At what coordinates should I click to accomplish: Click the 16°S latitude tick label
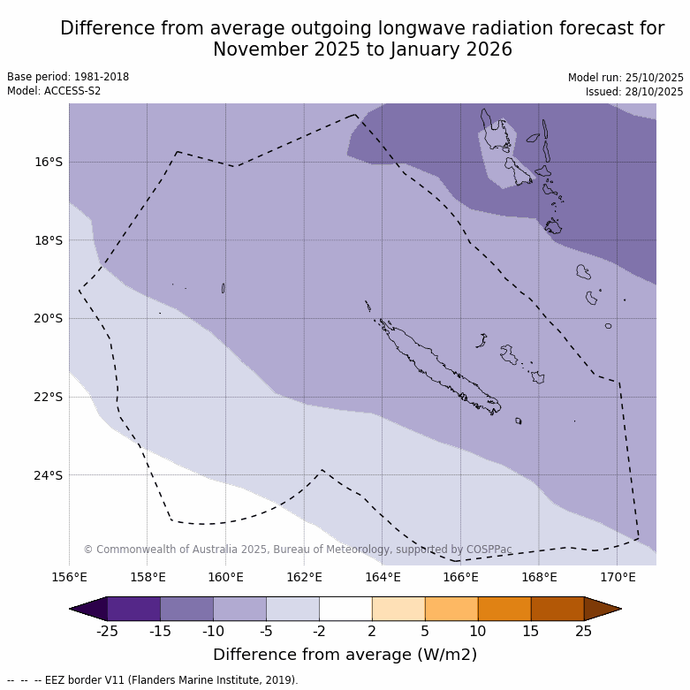click(49, 162)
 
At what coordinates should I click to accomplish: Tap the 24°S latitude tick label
click(49, 475)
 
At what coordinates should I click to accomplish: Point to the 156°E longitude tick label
click(69, 578)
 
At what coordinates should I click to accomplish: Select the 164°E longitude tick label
click(383, 578)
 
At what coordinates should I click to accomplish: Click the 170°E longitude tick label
click(618, 578)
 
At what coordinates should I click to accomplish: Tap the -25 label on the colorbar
click(107, 631)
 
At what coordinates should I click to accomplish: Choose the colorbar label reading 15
click(531, 631)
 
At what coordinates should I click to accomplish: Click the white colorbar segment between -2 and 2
click(345, 609)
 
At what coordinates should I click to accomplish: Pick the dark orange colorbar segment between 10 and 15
click(504, 609)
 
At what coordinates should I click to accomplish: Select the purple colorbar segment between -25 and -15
click(133, 609)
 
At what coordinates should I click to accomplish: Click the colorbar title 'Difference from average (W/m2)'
click(345, 655)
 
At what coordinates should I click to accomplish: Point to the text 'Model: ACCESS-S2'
click(54, 91)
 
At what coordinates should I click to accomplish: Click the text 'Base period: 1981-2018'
click(68, 77)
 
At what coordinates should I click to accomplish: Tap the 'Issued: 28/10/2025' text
click(634, 92)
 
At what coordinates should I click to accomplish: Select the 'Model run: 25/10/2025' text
click(626, 78)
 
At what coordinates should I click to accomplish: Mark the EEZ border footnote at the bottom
click(153, 680)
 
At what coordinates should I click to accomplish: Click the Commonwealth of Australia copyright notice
click(298, 550)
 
